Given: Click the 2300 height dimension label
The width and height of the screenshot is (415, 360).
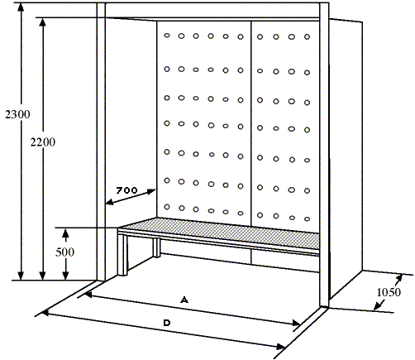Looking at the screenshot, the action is pos(17,114).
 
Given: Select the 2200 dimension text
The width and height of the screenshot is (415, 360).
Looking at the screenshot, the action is pos(43,142).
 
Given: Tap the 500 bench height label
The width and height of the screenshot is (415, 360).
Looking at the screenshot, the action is pos(65,252).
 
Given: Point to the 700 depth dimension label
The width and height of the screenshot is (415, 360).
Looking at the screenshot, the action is pos(126,190).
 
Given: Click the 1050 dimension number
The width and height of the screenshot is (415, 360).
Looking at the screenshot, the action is pos(389,292).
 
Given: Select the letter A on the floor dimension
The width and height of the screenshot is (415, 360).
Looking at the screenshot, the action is pos(184,300).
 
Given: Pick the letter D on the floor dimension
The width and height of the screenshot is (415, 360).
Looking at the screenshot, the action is pos(167,323).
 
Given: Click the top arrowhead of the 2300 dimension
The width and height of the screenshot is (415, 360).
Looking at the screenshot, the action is pos(21,8).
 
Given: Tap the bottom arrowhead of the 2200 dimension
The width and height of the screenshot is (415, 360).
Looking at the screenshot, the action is pos(42,275).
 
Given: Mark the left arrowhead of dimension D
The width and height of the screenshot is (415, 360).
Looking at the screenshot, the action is pos(45,314).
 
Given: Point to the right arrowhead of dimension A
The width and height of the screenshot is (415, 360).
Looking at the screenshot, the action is pos(296,323).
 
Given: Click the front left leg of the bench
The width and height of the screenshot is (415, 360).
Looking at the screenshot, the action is pos(122,255).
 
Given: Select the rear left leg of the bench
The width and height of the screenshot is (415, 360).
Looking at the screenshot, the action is pos(156,247).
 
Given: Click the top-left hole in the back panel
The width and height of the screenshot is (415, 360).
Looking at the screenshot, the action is pos(167,36).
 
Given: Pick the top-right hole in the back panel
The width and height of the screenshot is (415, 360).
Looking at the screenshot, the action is pos(307,36).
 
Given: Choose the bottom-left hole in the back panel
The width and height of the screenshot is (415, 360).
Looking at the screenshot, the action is pos(167,207).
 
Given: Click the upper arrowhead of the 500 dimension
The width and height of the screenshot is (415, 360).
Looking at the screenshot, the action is pos(65,233).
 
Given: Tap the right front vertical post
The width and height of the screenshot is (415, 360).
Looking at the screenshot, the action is pos(324,155).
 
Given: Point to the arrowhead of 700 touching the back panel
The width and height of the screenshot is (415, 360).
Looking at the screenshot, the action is pos(152,191).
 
